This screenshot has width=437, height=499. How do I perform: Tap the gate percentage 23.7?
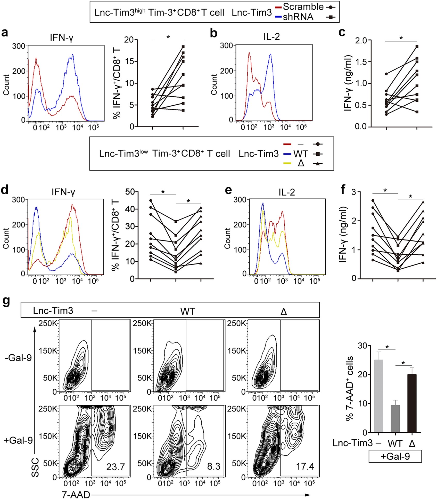116,467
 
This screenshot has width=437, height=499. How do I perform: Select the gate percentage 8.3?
214,466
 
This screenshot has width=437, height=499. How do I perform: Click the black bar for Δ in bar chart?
412,403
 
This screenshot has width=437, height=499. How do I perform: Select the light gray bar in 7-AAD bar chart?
378,396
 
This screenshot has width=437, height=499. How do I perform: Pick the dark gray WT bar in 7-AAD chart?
395,418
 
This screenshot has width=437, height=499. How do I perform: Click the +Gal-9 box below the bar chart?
395,456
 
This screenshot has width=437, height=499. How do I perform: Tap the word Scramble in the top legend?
303,7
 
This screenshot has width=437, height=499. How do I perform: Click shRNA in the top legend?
298,17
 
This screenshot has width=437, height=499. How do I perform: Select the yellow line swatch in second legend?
287,163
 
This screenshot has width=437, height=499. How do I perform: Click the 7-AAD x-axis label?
76,494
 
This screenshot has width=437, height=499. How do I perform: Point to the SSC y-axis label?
35,467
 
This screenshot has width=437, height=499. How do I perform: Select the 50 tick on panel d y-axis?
130,192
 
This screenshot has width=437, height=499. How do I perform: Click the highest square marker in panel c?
417,47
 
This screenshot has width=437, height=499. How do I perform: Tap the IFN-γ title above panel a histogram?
62,38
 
